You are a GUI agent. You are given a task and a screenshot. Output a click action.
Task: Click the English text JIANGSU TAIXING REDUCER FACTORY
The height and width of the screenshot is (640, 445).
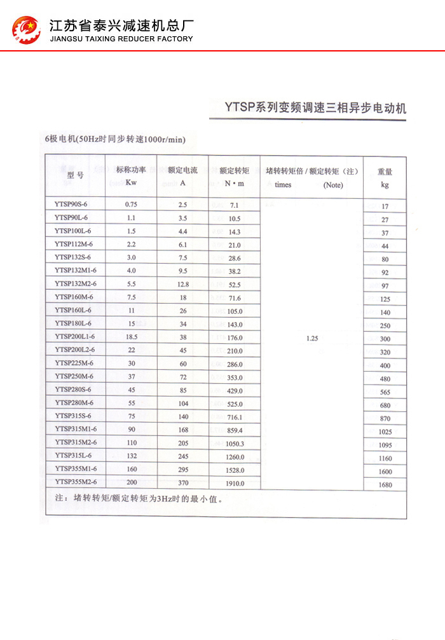[121, 39]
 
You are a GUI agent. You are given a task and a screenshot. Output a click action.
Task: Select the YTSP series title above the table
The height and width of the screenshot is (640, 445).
[315, 108]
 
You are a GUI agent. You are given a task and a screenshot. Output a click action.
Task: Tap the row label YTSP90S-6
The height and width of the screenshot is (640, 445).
[71, 205]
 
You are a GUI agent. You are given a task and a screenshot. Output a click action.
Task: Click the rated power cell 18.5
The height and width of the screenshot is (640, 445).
[131, 337]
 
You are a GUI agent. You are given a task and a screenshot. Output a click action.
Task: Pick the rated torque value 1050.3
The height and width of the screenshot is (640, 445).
[235, 444]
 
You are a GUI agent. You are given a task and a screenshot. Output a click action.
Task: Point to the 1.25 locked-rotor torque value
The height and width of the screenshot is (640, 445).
[311, 339]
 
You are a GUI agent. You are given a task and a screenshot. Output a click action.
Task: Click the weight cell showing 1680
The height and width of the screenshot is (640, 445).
[385, 485]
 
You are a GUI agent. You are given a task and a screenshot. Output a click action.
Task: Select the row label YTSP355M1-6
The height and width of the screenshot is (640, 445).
[75, 469]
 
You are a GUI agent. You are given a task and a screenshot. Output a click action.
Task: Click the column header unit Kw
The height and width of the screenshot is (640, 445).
[131, 182]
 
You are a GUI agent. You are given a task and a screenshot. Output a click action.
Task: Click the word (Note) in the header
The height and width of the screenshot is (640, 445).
[332, 185]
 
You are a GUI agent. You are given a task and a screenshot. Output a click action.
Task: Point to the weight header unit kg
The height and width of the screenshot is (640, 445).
[385, 185]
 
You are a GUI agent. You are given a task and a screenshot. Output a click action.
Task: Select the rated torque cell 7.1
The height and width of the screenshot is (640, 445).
[234, 205]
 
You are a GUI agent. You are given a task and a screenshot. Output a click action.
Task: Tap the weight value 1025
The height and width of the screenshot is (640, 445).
[385, 432]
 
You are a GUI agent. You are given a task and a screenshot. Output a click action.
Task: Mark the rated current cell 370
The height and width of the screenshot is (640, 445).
[183, 482]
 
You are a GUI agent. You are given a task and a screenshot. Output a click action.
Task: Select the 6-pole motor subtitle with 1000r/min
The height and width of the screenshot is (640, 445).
[115, 139]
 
